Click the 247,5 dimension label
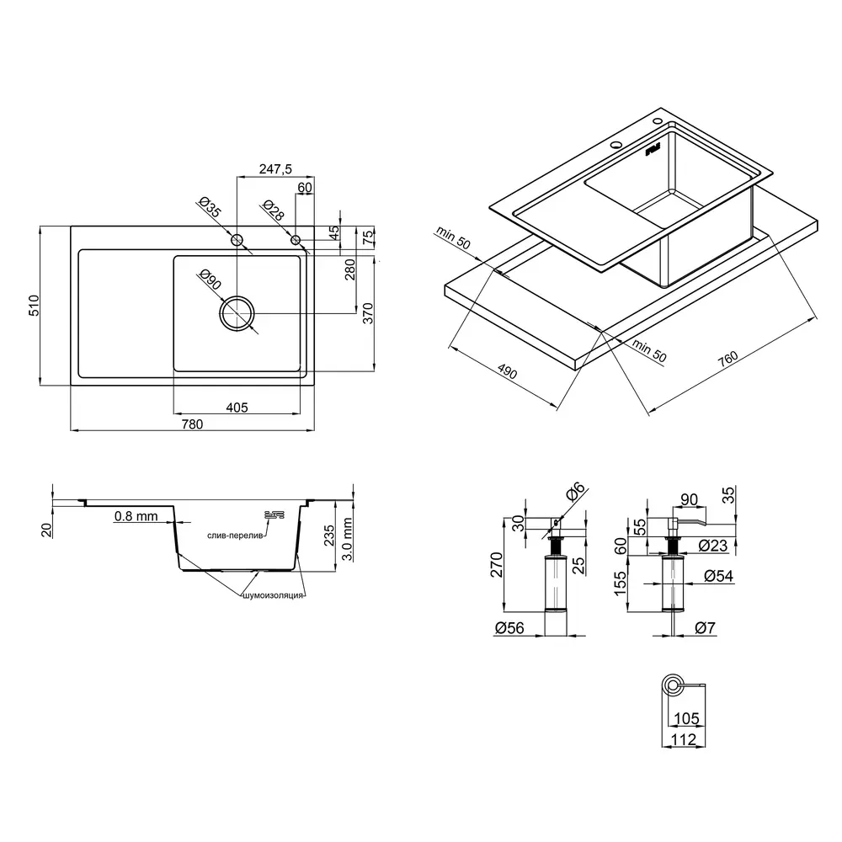(x=275, y=169)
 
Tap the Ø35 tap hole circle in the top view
(x=237, y=240)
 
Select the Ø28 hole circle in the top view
(x=296, y=240)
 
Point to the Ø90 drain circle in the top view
(x=237, y=313)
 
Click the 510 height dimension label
(x=34, y=306)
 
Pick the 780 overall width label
(x=192, y=424)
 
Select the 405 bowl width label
(x=237, y=408)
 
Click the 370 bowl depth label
(x=368, y=313)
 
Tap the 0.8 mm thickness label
(x=136, y=516)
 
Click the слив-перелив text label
(x=235, y=536)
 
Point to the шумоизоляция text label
(x=274, y=595)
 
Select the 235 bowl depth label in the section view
(x=329, y=536)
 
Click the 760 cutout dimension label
(x=728, y=359)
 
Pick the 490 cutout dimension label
(x=508, y=371)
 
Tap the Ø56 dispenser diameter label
(x=509, y=628)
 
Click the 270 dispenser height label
(x=496, y=564)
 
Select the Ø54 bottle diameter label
(x=718, y=576)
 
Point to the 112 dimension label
(x=683, y=739)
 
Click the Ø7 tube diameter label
(x=705, y=628)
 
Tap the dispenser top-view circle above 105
(x=672, y=685)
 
